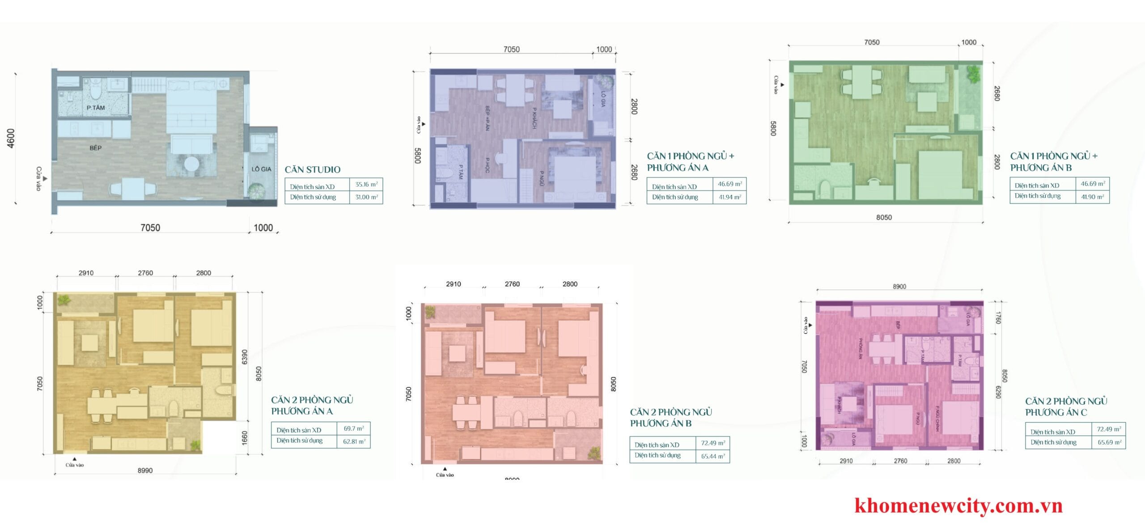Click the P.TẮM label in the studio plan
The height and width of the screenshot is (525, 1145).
coord(96,108)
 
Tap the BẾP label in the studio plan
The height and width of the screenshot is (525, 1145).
coord(95,148)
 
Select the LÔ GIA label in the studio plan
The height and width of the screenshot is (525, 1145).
coord(261,169)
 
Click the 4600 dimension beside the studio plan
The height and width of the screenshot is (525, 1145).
coord(11,138)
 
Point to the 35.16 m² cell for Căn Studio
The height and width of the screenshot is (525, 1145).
coord(366,184)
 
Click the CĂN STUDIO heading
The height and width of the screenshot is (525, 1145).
coord(313,169)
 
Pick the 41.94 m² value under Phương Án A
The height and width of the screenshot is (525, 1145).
coord(729,197)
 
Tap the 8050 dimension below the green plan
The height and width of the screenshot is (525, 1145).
coord(883,217)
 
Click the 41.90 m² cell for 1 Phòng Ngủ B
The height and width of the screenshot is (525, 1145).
coord(1092,197)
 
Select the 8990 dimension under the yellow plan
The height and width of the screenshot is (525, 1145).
coord(145,470)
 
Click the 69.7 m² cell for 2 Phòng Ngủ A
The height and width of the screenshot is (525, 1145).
coord(353,428)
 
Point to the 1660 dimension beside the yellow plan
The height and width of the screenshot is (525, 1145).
coord(245,438)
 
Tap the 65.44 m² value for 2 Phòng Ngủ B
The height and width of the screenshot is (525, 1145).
coord(713,456)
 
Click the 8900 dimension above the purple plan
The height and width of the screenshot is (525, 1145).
coord(899,287)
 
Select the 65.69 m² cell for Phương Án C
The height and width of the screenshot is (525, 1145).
coord(1109,442)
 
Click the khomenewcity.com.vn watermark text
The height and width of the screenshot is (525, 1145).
coord(958,506)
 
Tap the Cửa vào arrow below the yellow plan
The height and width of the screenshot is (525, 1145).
coord(74,459)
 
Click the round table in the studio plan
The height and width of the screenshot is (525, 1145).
coord(192,164)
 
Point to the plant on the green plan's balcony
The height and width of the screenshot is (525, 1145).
coord(973,74)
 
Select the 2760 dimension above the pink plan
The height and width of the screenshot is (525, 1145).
coord(512,284)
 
